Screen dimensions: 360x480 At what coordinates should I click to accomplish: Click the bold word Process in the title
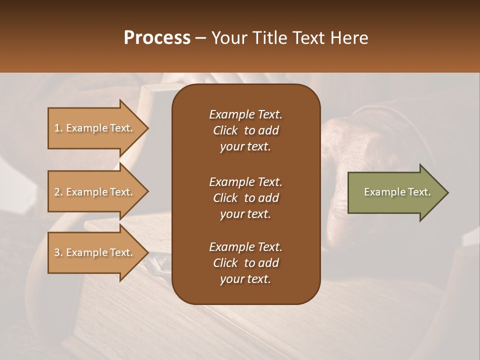coord(157,38)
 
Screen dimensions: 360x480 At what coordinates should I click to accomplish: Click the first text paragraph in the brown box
coord(245,130)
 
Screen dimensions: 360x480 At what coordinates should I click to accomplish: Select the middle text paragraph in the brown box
coord(245,197)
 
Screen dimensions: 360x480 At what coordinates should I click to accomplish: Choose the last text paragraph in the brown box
coord(245,263)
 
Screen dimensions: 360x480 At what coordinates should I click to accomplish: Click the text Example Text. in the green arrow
coord(397,192)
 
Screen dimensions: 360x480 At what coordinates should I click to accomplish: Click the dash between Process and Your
coord(201,38)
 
